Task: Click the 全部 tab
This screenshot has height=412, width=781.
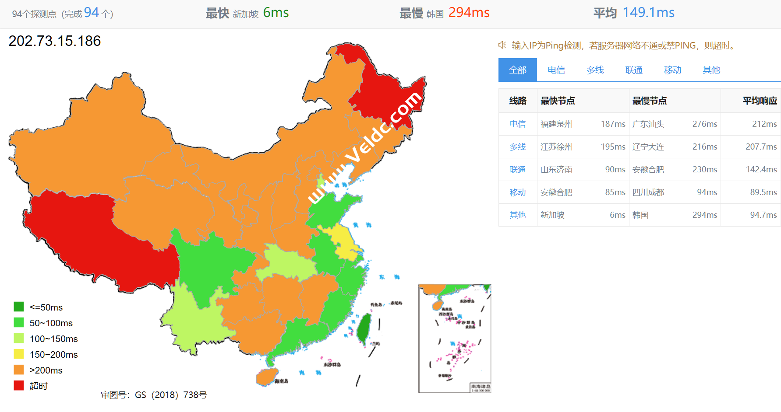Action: tap(517, 70)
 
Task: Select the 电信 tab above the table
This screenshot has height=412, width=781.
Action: tap(556, 70)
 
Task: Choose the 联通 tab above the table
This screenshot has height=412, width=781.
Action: tap(633, 70)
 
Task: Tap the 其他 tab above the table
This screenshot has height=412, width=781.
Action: tap(711, 70)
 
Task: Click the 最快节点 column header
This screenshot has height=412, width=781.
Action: tap(557, 101)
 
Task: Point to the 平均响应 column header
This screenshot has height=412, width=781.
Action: tap(759, 101)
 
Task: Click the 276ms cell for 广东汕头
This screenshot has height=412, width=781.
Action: tap(704, 124)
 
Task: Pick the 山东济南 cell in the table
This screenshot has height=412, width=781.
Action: tap(556, 170)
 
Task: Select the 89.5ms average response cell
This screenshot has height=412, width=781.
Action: tap(763, 192)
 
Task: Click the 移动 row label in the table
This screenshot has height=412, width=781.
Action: tap(517, 192)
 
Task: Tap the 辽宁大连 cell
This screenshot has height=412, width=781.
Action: tap(648, 147)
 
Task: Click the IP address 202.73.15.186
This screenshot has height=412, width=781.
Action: tap(55, 41)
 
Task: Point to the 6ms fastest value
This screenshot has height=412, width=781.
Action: tap(276, 13)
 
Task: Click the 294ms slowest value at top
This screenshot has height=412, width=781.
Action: tap(469, 13)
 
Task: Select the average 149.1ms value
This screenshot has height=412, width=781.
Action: tap(648, 13)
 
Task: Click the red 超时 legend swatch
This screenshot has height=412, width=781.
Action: tap(19, 386)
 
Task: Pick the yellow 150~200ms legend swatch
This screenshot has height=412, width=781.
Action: tap(19, 354)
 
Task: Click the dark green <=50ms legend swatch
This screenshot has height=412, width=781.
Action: tap(19, 307)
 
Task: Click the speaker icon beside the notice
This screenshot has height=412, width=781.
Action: tap(502, 45)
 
